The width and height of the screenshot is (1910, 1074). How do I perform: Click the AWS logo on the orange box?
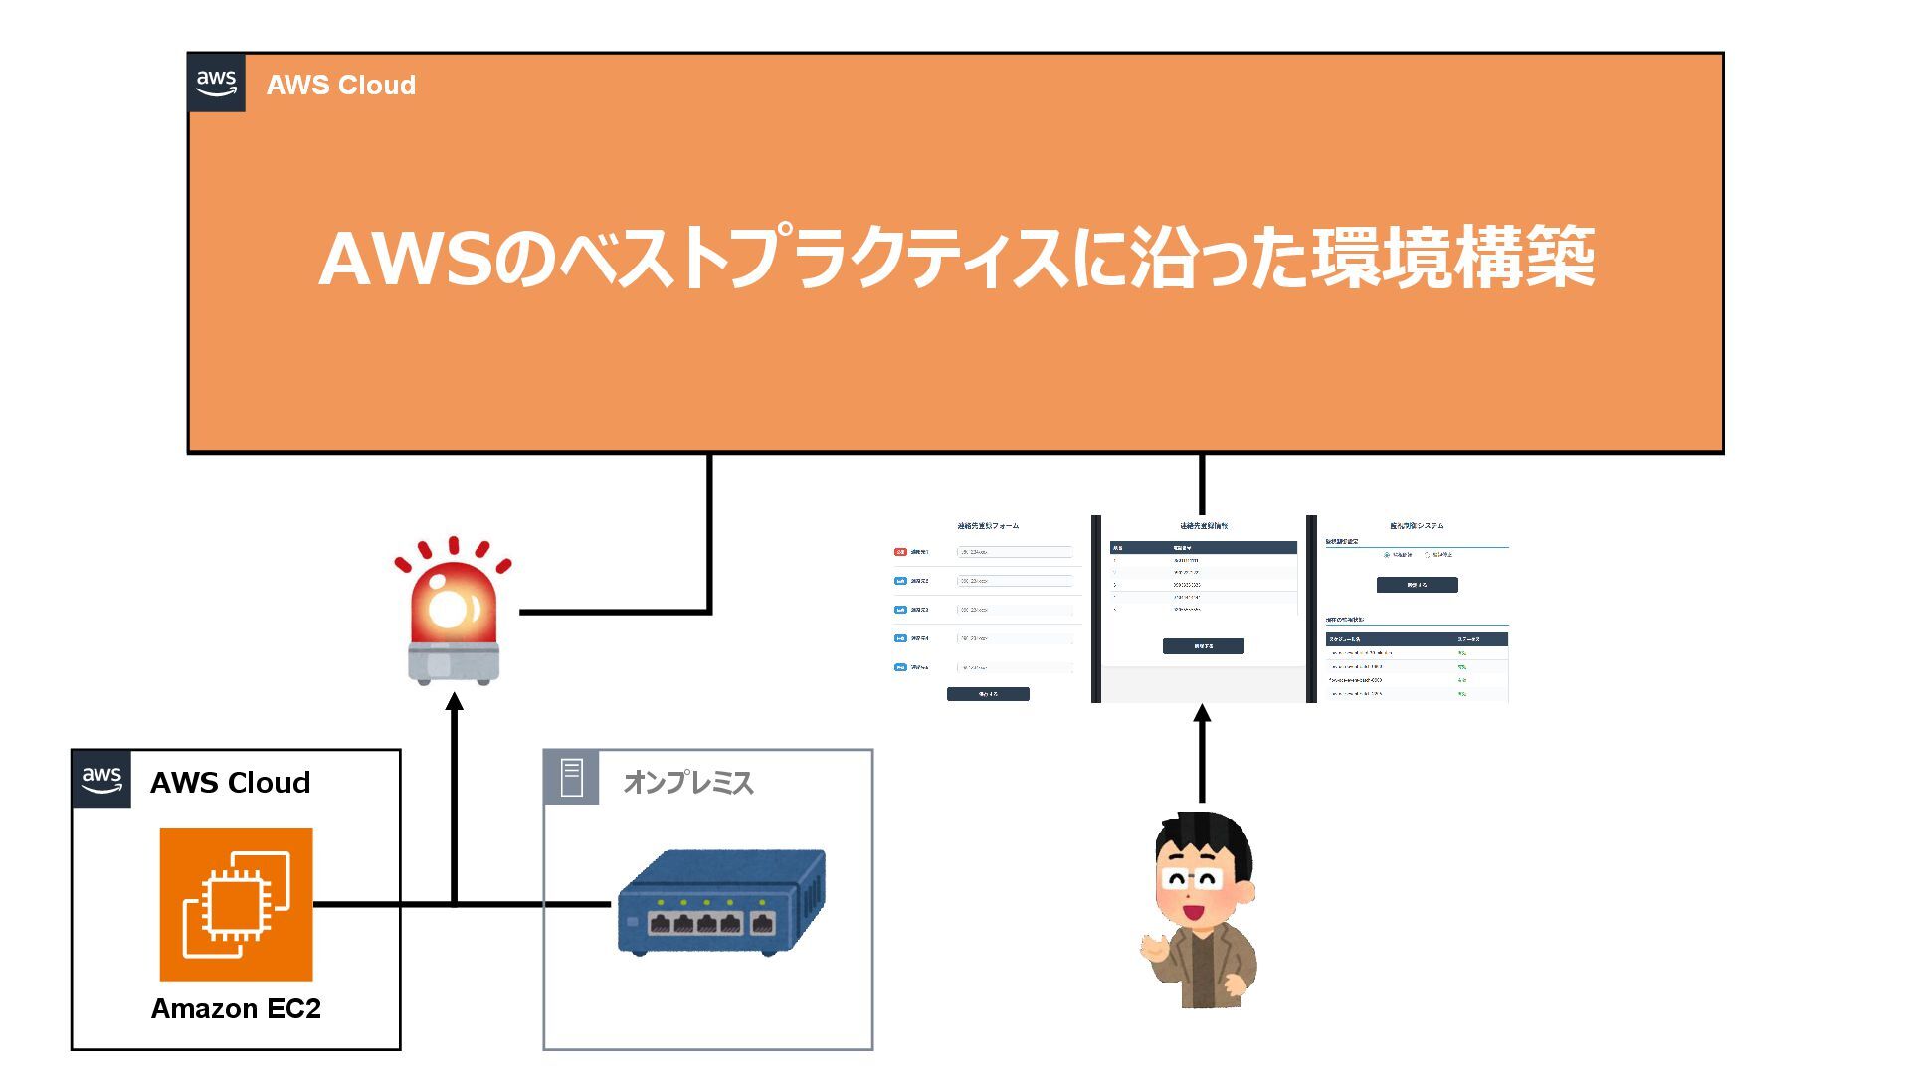[216, 83]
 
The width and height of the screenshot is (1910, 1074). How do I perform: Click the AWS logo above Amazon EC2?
[101, 780]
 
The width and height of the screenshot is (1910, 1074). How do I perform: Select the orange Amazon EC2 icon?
[237, 904]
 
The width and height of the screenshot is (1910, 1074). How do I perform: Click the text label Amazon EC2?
[236, 1008]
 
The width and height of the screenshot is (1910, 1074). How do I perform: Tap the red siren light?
[452, 603]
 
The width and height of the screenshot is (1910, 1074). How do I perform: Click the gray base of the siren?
[454, 664]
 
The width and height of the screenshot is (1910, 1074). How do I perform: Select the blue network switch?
[721, 900]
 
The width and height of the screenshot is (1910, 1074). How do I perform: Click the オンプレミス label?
[688, 783]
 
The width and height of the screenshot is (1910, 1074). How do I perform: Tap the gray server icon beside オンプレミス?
[571, 778]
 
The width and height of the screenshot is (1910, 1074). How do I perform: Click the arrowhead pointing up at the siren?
[455, 702]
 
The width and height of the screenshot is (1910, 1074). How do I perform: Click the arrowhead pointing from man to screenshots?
[1202, 713]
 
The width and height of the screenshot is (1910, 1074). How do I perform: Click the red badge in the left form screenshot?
[900, 551]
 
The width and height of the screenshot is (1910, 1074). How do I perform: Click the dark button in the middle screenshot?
[1203, 646]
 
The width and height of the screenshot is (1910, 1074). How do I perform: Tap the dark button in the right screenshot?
[1417, 585]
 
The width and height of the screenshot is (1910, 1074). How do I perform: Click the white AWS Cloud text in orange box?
[341, 86]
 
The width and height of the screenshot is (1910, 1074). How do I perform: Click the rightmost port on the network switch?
[763, 924]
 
